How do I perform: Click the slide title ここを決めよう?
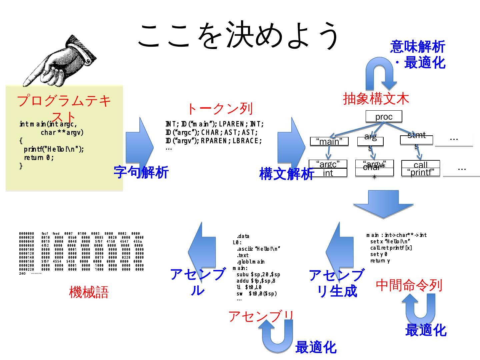pos(239,35)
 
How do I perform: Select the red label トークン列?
pos(220,109)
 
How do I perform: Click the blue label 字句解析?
pos(141,172)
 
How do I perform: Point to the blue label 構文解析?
pos(287,174)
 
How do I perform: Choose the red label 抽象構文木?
pos(376,98)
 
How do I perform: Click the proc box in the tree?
pos(384,117)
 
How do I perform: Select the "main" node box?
pos(329,141)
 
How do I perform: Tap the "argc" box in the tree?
pos(328,164)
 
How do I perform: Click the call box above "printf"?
pos(420,164)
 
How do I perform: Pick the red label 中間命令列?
pos(409,285)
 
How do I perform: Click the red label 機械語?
pos(89,292)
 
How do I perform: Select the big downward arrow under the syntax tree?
pos(383,204)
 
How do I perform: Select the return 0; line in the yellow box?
pos(39,157)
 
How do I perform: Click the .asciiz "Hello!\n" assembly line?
pos(258,249)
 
